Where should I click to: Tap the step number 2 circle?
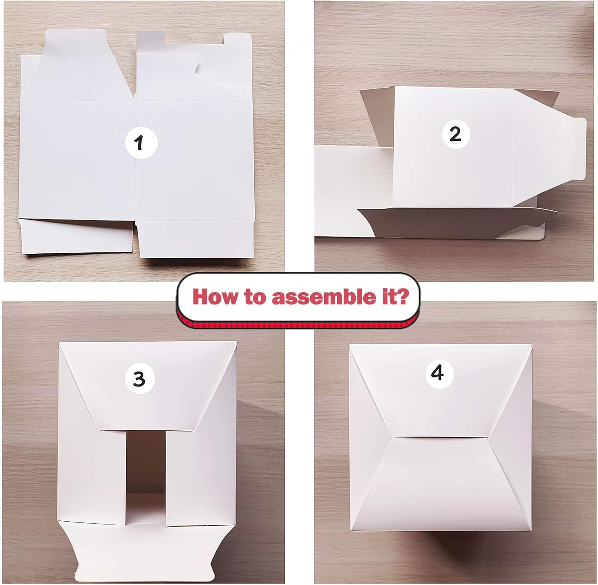[454, 134]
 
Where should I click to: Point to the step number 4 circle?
[438, 374]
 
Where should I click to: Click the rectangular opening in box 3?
[146, 458]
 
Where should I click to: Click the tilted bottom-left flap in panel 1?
[76, 237]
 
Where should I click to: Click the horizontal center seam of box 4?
[439, 437]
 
